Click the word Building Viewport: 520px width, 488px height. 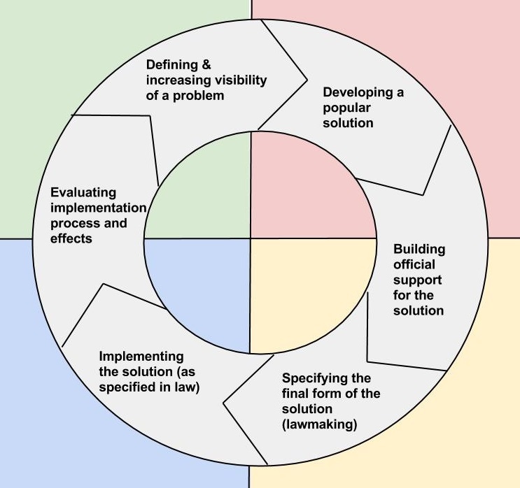tap(419, 250)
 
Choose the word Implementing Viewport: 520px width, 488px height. tap(141, 356)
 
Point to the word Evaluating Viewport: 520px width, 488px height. tap(83, 193)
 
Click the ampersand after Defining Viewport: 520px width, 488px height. tap(206, 65)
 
